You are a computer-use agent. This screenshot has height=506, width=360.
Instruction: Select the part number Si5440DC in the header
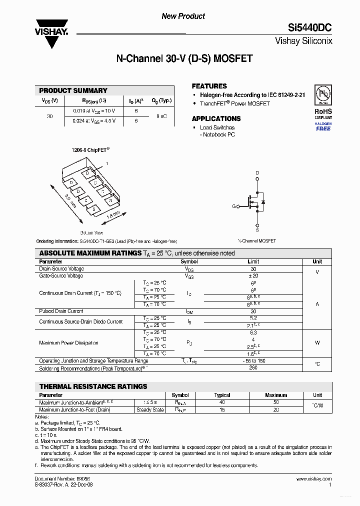coord(309,28)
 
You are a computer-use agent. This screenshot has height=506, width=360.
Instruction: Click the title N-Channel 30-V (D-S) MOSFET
coord(184,58)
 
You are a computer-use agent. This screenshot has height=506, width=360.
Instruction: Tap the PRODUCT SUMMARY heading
coord(73,90)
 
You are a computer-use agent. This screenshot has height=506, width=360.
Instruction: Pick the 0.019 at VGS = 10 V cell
coord(94,110)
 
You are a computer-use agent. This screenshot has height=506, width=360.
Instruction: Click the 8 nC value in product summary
coord(161,116)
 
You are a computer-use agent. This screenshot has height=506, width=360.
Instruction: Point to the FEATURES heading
coord(209,86)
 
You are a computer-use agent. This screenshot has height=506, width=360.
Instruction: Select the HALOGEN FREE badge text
coord(323,126)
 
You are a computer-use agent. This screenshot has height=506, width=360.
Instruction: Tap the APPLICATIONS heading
coord(216,118)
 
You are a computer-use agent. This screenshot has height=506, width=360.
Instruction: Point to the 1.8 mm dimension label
coord(113,216)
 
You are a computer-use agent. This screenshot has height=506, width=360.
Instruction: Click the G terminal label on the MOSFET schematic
coord(233,206)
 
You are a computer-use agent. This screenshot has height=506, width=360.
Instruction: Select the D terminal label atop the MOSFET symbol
coord(257,173)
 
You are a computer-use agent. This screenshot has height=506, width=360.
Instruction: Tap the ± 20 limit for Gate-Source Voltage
coord(253,276)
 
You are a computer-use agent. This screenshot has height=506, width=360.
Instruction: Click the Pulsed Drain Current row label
coord(61,311)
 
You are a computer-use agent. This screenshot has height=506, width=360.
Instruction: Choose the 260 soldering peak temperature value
coord(253,368)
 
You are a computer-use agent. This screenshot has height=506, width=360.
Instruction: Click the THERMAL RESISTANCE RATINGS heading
coord(93,386)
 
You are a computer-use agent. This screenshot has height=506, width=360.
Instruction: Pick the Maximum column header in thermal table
coord(276,395)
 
